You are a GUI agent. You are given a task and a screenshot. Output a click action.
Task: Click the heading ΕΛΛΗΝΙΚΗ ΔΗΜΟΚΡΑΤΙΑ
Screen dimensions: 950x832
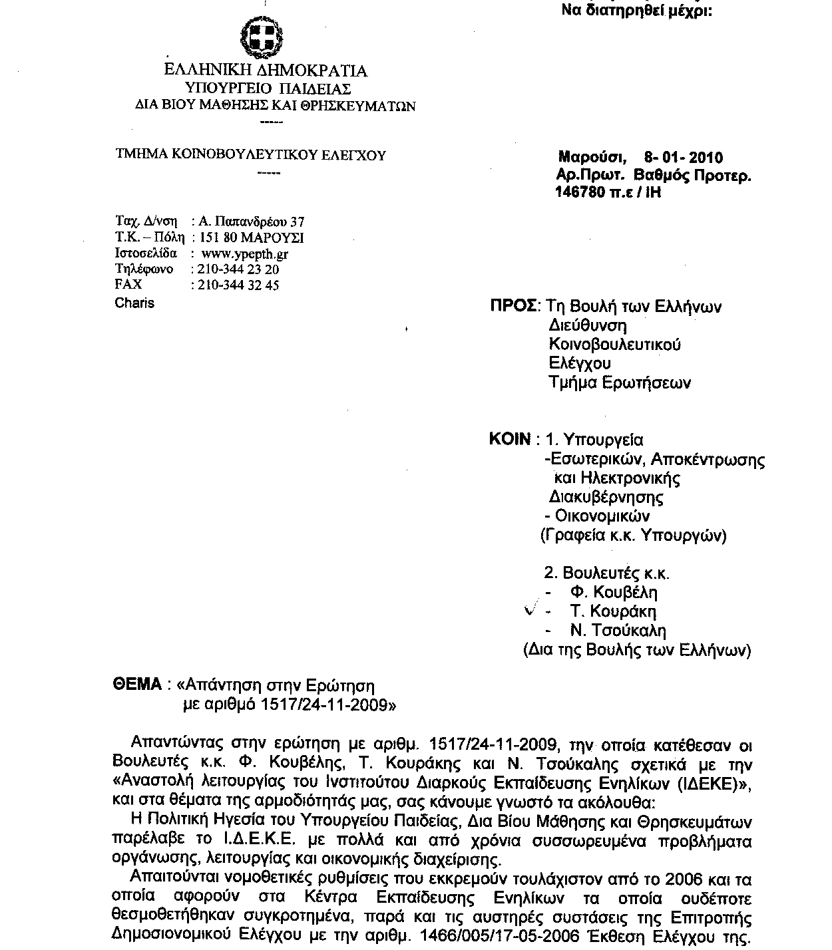click(x=266, y=71)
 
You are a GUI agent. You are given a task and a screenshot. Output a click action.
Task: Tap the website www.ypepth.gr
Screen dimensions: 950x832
click(x=244, y=253)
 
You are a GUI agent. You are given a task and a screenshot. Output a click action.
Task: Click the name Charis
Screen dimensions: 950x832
click(x=134, y=303)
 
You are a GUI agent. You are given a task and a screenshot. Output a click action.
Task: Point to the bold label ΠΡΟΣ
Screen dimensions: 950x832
click(x=514, y=306)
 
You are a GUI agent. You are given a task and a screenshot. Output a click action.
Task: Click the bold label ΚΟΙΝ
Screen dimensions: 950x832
click(x=511, y=440)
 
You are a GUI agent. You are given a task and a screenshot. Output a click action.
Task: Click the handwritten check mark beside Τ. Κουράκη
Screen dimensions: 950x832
click(x=532, y=610)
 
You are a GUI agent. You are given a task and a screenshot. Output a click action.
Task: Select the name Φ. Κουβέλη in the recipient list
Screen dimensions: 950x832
click(x=613, y=592)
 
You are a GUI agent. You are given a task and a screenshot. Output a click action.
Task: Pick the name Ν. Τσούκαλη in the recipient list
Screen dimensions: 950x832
click(x=617, y=631)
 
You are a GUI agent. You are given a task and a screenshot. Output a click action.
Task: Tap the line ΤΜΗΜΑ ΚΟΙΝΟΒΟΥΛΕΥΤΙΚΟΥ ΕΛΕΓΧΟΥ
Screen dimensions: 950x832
click(x=251, y=156)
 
